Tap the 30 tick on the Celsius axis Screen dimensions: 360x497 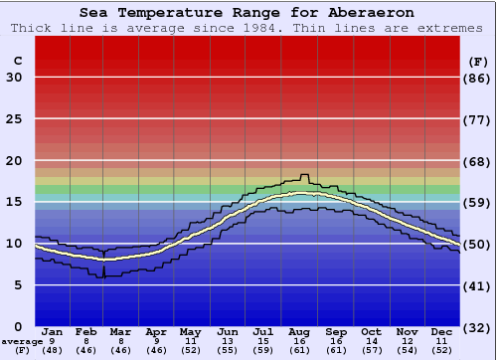(x=14, y=78)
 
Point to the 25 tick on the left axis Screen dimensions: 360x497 (x=14, y=119)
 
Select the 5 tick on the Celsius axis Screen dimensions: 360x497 (x=18, y=285)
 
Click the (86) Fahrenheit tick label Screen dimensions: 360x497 (x=478, y=78)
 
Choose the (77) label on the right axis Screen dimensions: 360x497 (x=478, y=119)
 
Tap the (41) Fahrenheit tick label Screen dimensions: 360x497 (x=478, y=285)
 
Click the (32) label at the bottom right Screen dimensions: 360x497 (x=478, y=327)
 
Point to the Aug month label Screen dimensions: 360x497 (x=298, y=331)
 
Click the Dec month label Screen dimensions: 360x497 (x=442, y=331)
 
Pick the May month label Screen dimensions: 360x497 (x=191, y=331)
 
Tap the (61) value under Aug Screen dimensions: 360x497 (x=298, y=350)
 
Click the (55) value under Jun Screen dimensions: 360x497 (x=227, y=350)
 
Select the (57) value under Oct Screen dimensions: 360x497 (x=371, y=350)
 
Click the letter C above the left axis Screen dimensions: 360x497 (x=16, y=62)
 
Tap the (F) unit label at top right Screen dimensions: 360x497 (x=478, y=62)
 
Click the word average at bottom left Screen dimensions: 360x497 (x=21, y=341)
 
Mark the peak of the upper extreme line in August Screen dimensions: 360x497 (x=304, y=175)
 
